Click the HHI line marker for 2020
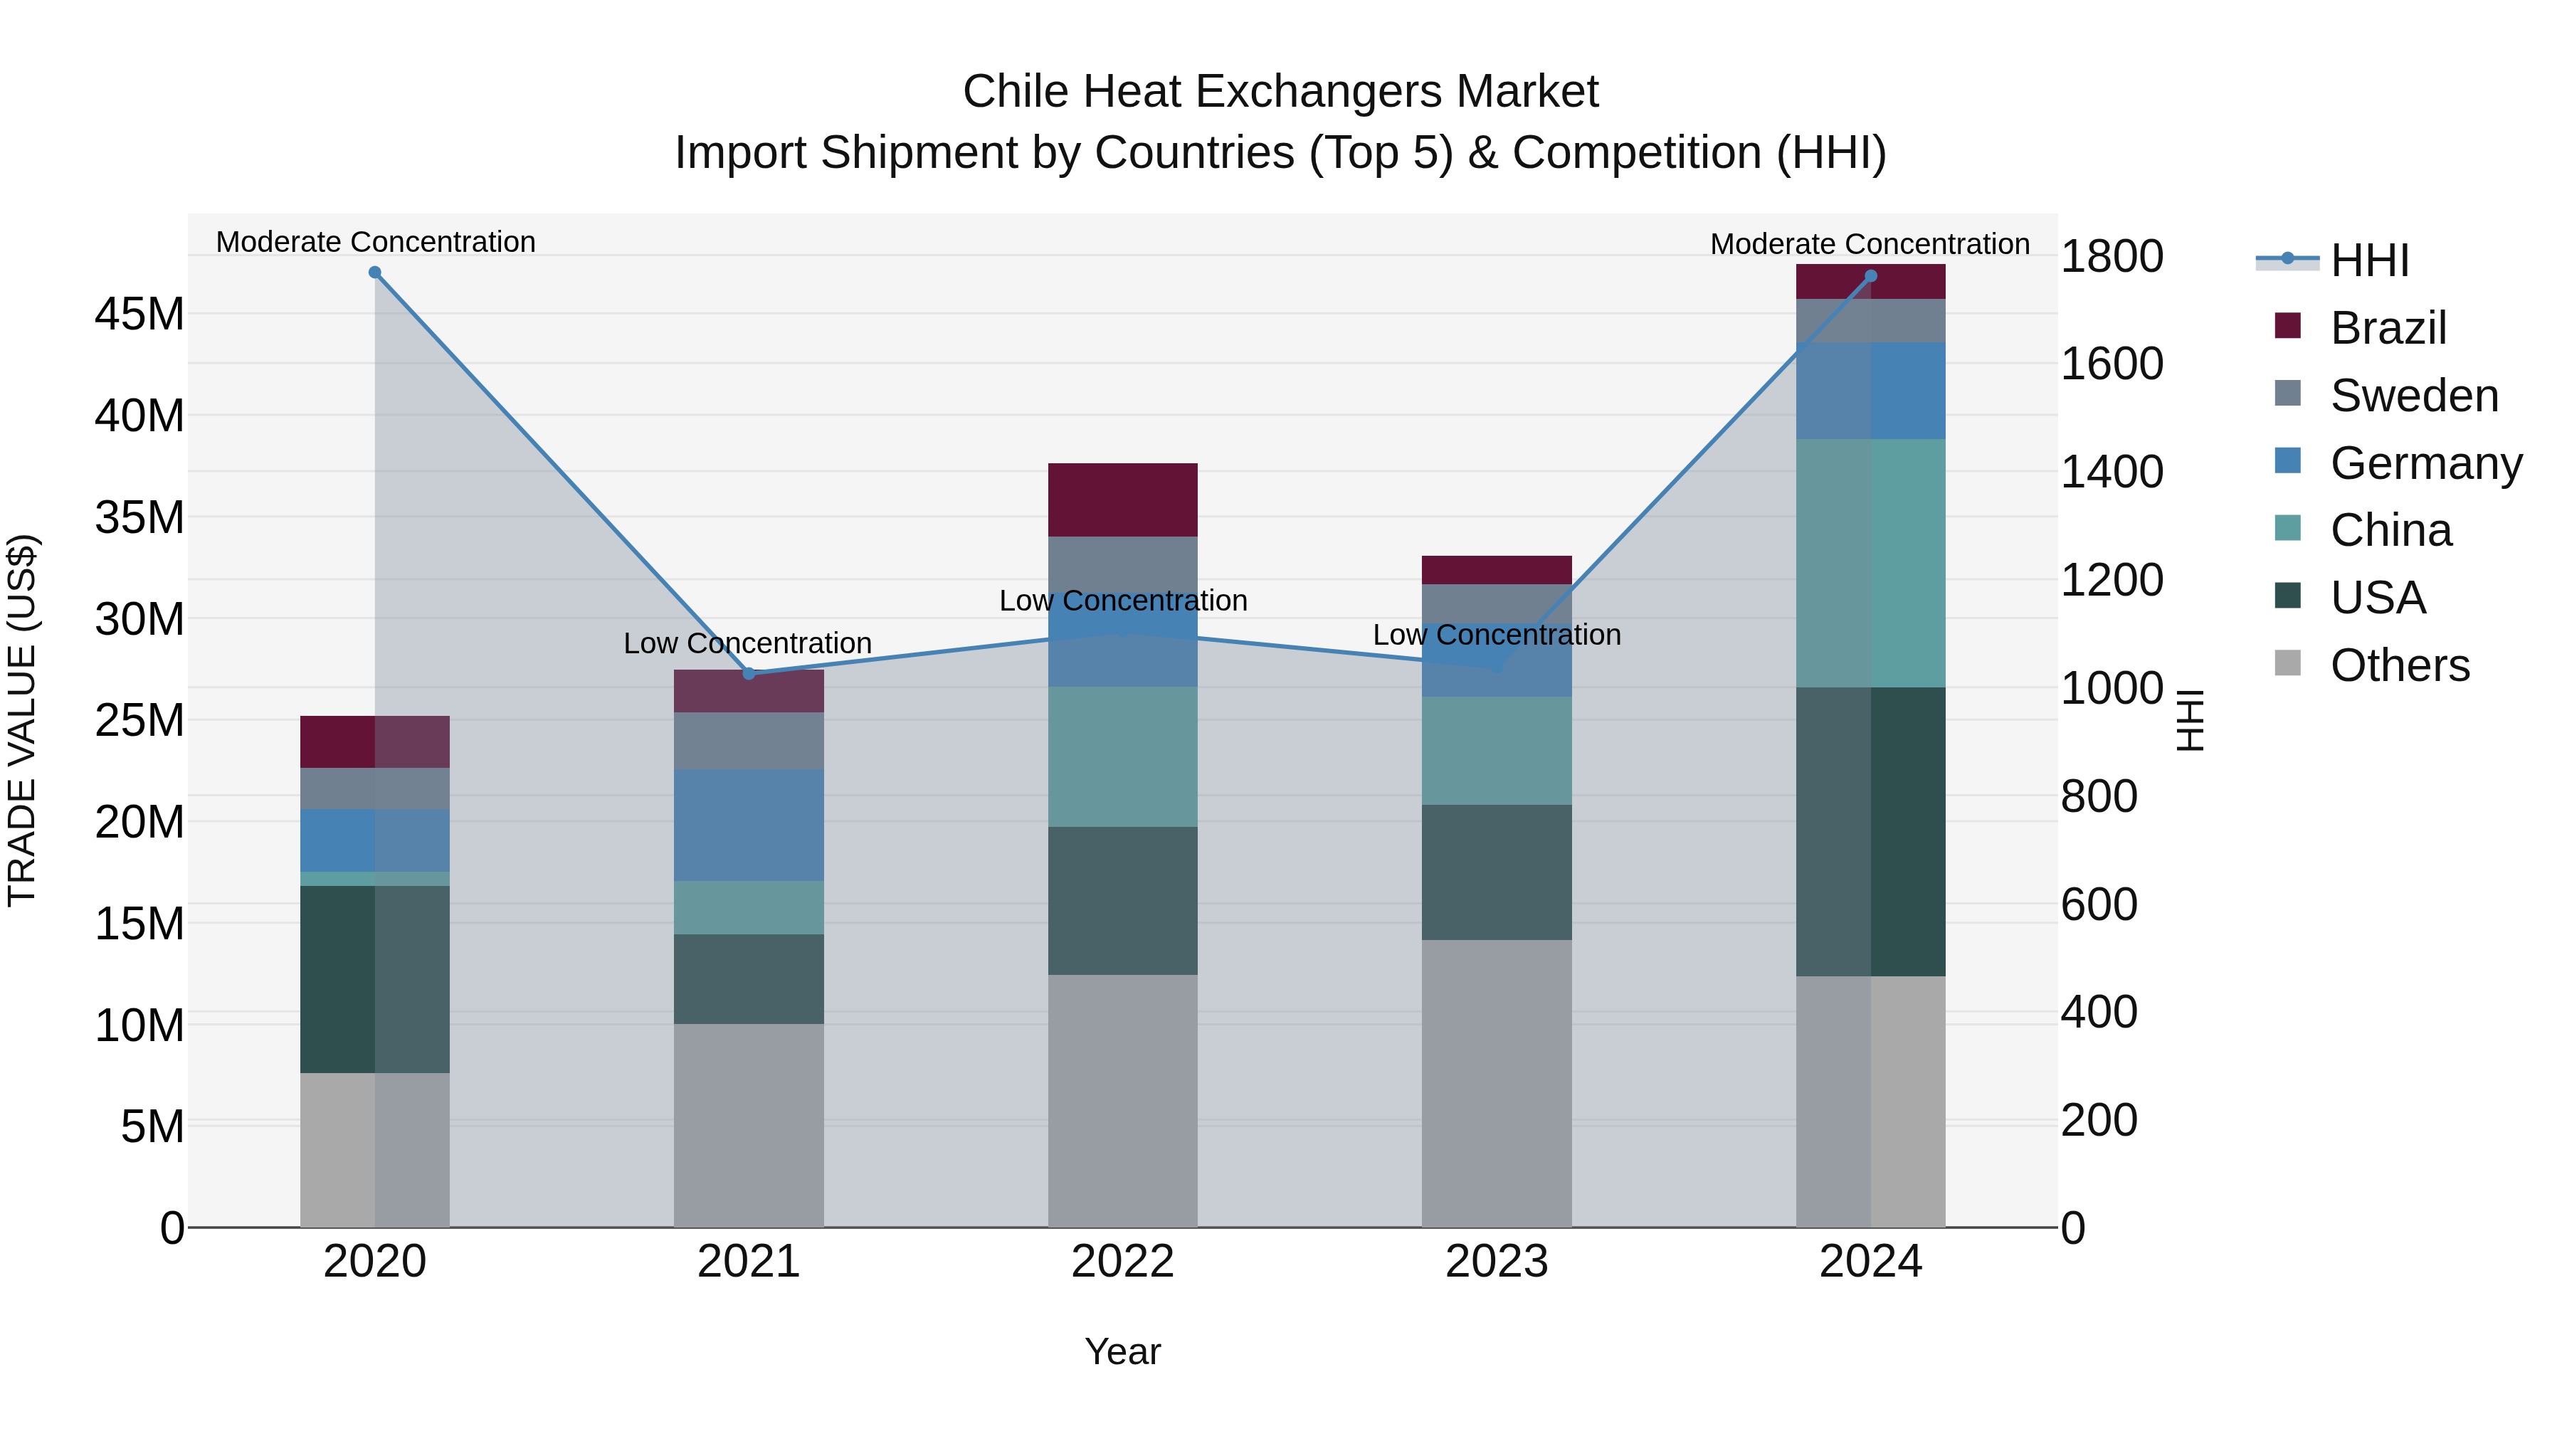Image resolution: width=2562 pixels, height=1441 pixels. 375,273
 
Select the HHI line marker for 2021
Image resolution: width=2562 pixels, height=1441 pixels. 749,673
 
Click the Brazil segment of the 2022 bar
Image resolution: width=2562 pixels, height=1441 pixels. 1123,500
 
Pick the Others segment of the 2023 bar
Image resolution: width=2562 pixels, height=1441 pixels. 1497,1083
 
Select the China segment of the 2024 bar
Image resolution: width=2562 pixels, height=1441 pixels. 1871,563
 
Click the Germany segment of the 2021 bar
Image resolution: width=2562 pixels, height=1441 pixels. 749,825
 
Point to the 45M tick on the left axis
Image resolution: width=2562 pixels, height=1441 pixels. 139,315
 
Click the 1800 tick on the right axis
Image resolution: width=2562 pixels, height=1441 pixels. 2111,257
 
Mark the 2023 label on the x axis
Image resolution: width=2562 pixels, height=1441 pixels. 1497,1262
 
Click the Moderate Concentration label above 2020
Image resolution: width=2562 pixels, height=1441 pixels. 376,242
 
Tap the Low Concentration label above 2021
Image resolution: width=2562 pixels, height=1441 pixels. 748,643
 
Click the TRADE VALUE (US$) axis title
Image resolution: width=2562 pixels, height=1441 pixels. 23,720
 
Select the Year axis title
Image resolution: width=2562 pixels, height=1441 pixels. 1123,1351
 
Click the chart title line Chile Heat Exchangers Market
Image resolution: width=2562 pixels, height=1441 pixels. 1280,92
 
